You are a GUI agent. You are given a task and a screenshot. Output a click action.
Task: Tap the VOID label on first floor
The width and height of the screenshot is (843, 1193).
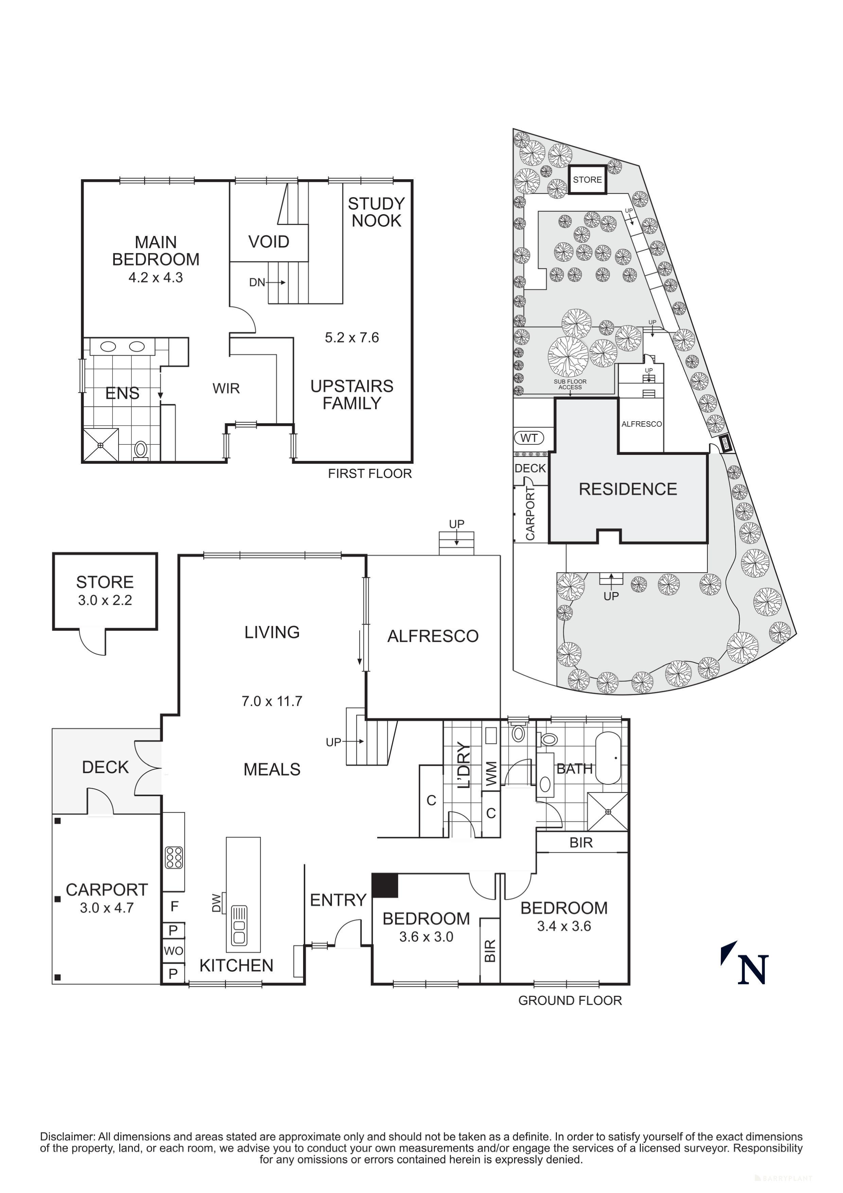(x=268, y=242)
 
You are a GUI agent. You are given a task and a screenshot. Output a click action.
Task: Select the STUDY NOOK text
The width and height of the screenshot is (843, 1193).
(x=376, y=212)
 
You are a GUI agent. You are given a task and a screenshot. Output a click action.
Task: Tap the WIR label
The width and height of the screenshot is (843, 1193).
(x=226, y=388)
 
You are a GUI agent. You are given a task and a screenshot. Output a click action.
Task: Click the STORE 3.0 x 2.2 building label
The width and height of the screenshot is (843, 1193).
(x=105, y=590)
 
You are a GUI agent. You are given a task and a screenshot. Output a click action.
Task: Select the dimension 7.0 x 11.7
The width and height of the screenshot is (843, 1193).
(x=271, y=701)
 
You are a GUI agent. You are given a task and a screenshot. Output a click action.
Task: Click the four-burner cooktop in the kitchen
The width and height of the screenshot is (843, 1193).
(x=174, y=858)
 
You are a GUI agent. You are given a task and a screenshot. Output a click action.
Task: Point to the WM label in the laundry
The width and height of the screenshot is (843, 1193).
(x=491, y=773)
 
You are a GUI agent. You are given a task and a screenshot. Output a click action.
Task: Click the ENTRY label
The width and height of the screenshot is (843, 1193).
(x=338, y=900)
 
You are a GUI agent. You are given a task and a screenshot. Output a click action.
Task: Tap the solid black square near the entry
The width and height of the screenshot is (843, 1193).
(x=385, y=885)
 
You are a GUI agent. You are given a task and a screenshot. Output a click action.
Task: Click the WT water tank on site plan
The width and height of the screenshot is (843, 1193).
(x=529, y=438)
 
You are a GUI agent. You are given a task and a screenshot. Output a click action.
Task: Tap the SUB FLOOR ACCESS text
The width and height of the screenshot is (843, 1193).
(x=570, y=384)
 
